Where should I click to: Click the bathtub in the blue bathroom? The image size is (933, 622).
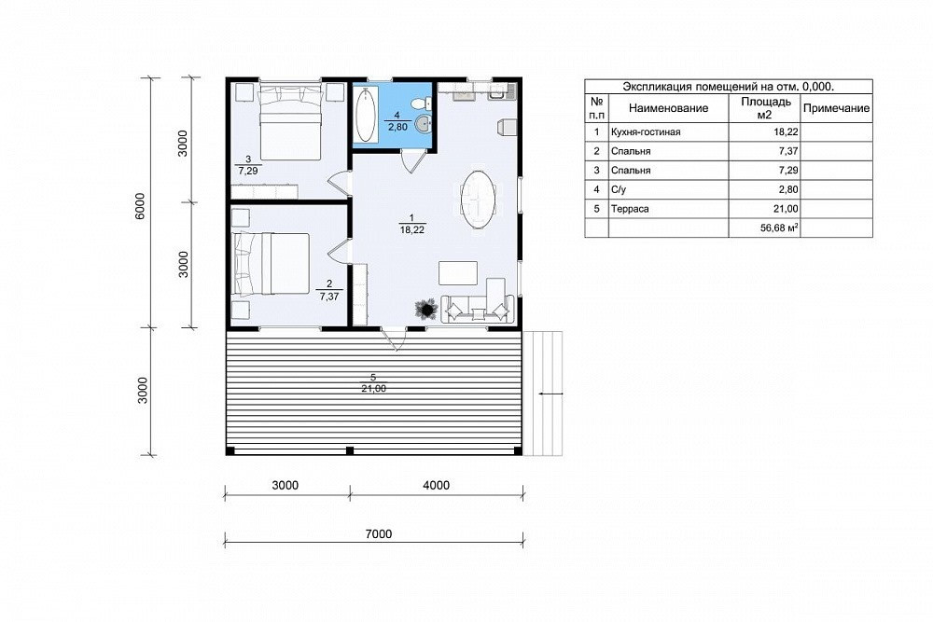tap(365, 115)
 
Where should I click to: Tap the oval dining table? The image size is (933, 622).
tap(478, 200)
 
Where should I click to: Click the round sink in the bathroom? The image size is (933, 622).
tap(423, 124)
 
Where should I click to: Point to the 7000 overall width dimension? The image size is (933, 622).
tap(379, 534)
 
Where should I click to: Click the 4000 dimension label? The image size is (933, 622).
tap(436, 485)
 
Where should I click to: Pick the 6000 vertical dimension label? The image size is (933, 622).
tap(140, 206)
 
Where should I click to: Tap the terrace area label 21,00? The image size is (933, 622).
tap(373, 389)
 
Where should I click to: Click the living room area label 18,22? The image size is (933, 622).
tap(411, 229)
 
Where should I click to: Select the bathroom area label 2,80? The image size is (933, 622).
tap(397, 127)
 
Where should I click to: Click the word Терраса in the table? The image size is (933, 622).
tap(630, 209)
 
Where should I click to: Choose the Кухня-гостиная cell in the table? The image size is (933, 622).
tap(646, 132)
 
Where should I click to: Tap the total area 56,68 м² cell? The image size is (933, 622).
tap(779, 228)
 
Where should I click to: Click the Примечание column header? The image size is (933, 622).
tap(836, 108)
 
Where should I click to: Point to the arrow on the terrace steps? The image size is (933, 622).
tap(551, 394)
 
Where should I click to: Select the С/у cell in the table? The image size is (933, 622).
tap(619, 189)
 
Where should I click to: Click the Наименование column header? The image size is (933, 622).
tap(668, 108)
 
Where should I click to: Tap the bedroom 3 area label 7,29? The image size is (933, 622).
tap(248, 171)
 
